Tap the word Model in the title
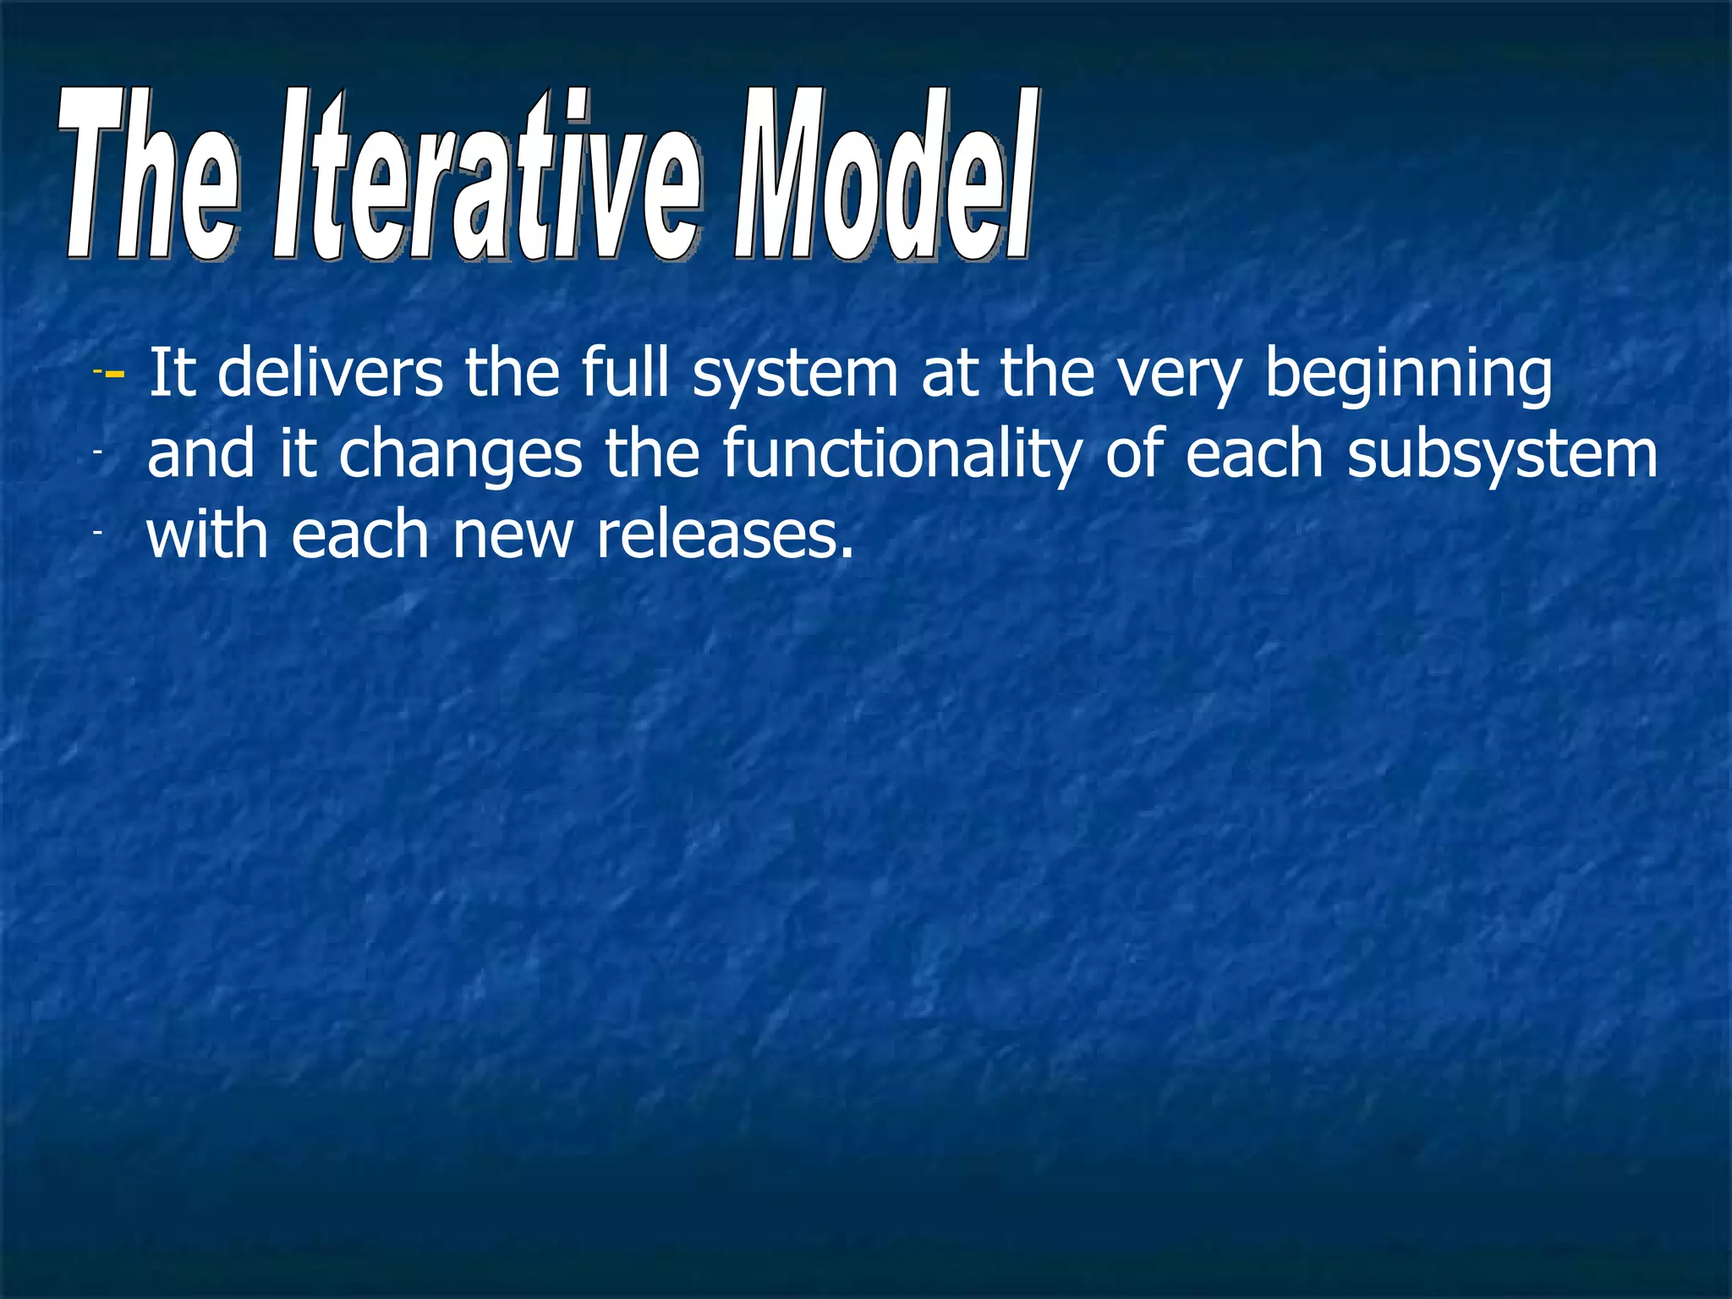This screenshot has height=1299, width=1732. click(x=884, y=178)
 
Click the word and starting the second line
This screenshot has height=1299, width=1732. click(x=200, y=454)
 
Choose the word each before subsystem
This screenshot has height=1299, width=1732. click(x=1253, y=454)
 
